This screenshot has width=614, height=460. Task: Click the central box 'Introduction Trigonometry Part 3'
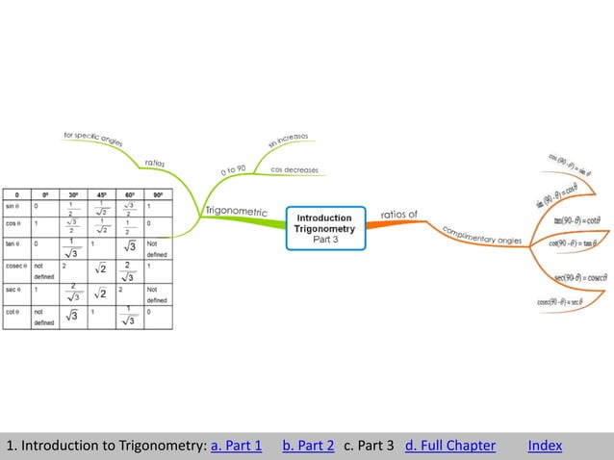[325, 228]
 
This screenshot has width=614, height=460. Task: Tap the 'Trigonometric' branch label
[236, 209]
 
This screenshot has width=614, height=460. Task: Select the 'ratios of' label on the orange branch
[399, 214]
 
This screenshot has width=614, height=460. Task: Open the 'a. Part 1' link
[236, 446]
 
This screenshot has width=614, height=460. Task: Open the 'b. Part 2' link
[308, 446]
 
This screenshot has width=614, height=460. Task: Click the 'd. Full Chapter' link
[450, 446]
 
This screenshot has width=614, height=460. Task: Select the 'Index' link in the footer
[545, 446]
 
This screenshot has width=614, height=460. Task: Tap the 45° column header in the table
[101, 193]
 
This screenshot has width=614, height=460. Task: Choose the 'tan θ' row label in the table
[13, 243]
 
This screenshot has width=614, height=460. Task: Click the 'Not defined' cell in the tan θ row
[158, 249]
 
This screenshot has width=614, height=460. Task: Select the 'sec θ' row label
[13, 288]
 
